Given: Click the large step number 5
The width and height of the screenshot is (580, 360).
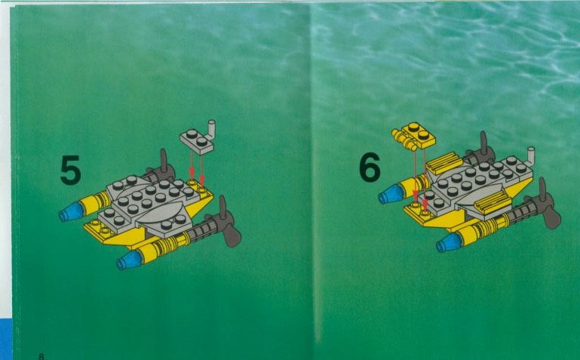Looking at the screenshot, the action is coord(70,171).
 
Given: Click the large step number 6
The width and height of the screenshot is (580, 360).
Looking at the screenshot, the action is coord(370,167).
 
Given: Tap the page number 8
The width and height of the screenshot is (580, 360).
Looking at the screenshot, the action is coord(41,356).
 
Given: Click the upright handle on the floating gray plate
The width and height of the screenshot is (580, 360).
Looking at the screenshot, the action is coord(211,130).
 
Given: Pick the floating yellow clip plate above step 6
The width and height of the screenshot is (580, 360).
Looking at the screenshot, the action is coord(413,136).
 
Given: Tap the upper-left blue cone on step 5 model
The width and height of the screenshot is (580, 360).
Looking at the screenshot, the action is coord(72,211).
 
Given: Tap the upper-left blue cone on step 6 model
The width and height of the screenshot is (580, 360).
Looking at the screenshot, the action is coord(392,194).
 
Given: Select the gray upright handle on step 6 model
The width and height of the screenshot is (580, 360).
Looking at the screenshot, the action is coord(530,156).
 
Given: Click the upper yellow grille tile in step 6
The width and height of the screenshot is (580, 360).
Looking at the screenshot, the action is coord(444,163).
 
